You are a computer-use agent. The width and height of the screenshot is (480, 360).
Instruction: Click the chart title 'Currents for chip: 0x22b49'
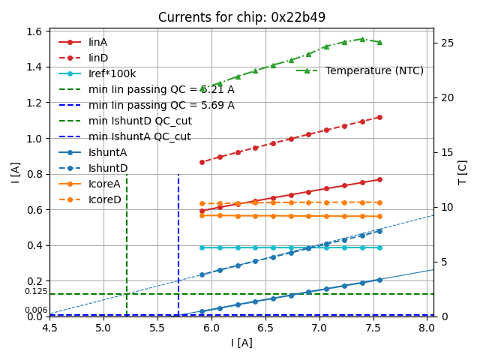pos(241,17)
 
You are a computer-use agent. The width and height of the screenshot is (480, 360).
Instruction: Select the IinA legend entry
pos(97,43)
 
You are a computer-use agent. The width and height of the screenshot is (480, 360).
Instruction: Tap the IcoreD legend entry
pos(104,199)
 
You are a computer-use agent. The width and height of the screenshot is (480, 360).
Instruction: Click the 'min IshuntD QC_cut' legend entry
pos(139,121)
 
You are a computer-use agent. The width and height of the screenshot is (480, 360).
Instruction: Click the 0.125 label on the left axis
pos(35,292)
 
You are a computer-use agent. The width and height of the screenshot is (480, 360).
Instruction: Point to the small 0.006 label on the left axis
pos(35,310)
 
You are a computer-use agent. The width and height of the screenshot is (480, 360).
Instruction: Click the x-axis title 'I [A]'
pos(241,343)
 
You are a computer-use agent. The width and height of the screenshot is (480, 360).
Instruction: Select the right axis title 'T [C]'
pos(463,172)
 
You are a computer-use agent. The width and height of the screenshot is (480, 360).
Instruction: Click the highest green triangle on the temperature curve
pos(362,39)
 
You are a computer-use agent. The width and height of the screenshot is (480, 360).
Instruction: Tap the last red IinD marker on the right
pos(379,117)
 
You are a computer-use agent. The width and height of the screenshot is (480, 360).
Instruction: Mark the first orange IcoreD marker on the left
pos(202,203)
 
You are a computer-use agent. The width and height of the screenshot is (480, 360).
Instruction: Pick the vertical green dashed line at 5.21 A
pos(127,247)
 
